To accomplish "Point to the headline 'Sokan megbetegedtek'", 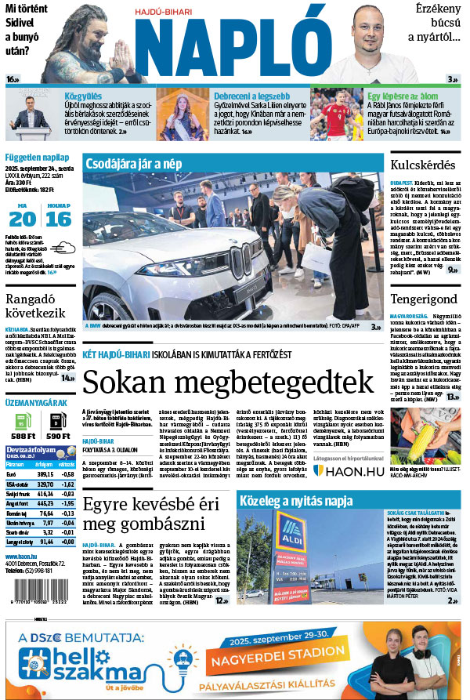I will pyautogui.click(x=228, y=382).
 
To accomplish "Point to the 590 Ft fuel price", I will pyautogui.click(x=59, y=436).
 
